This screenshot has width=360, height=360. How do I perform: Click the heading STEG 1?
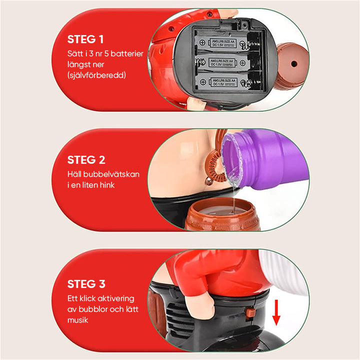pyautogui.click(x=85, y=39)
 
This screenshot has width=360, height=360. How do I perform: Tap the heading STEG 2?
pyautogui.click(x=86, y=160)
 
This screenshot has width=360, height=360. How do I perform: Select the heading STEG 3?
pyautogui.click(x=86, y=284)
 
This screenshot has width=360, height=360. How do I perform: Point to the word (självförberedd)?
pyautogui.click(x=96, y=75)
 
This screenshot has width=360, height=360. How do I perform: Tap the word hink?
pyautogui.click(x=107, y=185)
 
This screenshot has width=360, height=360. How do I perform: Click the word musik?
pyautogui.click(x=77, y=320)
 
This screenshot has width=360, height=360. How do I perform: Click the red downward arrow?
pyautogui.click(x=276, y=312)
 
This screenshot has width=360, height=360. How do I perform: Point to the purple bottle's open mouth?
pyautogui.click(x=232, y=158)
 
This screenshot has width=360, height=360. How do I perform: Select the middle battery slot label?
pyautogui.click(x=222, y=62)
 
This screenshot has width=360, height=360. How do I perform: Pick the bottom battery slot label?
pyautogui.click(x=224, y=82)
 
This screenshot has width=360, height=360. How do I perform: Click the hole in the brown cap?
pyautogui.click(x=294, y=63)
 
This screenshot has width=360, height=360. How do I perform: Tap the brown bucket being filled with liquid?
pyautogui.click(x=222, y=214)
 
